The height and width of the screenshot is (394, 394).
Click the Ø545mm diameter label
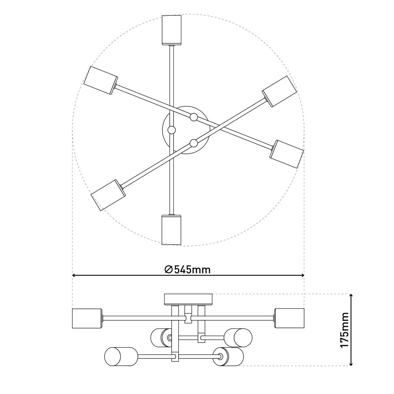187,270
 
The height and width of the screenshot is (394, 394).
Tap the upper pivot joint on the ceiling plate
194,117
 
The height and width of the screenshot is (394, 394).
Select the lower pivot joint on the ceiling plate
193,143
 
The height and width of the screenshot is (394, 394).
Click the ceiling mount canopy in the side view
188,299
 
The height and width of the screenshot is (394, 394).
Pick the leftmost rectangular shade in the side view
87,318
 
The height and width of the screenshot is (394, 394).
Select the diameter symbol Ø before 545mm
168,270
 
